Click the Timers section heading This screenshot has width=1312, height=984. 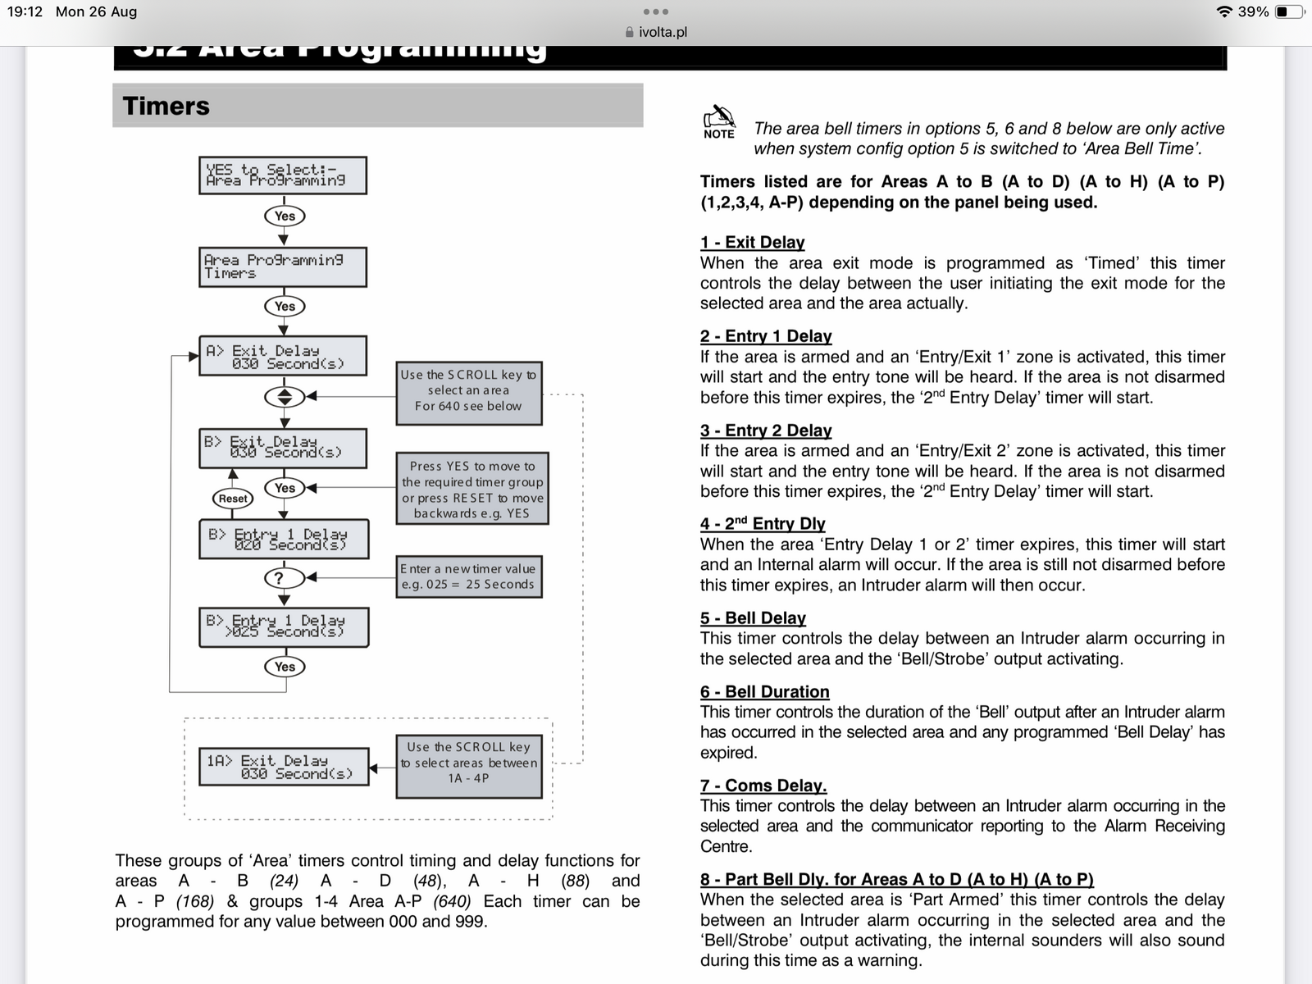pyautogui.click(x=166, y=106)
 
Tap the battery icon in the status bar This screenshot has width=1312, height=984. pyautogui.click(x=1288, y=11)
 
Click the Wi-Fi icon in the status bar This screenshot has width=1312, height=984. pyautogui.click(x=1224, y=11)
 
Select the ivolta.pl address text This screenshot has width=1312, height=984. pyautogui.click(x=663, y=32)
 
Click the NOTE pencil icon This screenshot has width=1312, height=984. pyautogui.click(x=719, y=116)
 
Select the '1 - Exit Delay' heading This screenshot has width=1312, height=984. pyautogui.click(x=752, y=242)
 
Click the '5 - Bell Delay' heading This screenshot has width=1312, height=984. pyautogui.click(x=753, y=617)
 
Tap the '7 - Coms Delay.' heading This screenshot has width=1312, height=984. pyautogui.click(x=763, y=785)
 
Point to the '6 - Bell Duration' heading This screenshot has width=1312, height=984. pyautogui.click(x=764, y=691)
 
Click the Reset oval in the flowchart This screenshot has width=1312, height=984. pyautogui.click(x=233, y=498)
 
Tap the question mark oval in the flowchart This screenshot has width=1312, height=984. pyautogui.click(x=284, y=578)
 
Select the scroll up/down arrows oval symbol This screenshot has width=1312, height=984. pyautogui.click(x=284, y=397)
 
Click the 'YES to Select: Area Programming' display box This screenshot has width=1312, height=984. pyautogui.click(x=283, y=175)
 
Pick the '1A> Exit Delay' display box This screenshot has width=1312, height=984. pyautogui.click(x=284, y=767)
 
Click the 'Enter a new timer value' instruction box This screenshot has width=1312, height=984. pyautogui.click(x=468, y=576)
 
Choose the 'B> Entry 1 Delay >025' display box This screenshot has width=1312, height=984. pyautogui.click(x=284, y=626)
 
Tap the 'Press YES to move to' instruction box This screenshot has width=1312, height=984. pyautogui.click(x=472, y=489)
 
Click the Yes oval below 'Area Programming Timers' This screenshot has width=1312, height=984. pyautogui.click(x=285, y=306)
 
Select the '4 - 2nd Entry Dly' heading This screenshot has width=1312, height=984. pyautogui.click(x=762, y=523)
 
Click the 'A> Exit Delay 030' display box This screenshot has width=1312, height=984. pyautogui.click(x=283, y=356)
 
